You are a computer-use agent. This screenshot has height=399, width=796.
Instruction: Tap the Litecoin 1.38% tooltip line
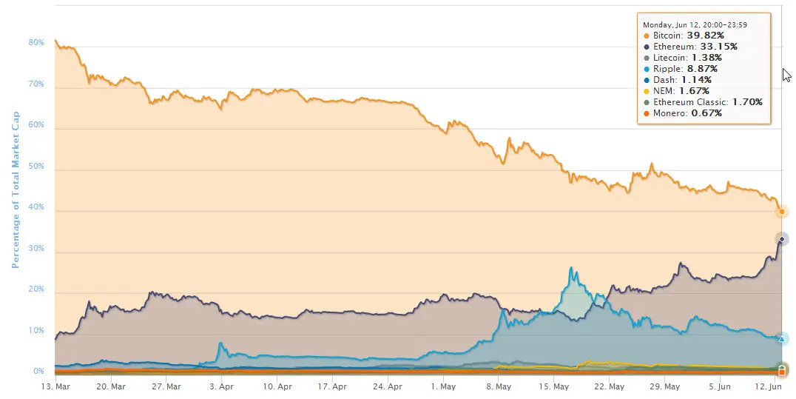(x=684, y=57)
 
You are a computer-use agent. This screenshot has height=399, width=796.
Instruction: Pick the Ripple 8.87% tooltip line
(x=681, y=68)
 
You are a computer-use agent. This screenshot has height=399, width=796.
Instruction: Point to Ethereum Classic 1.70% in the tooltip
(x=703, y=101)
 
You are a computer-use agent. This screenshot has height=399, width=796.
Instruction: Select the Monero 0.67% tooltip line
(x=682, y=113)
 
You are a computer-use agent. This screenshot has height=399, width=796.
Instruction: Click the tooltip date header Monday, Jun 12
(x=695, y=24)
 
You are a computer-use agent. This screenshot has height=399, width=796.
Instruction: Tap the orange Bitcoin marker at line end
(x=782, y=212)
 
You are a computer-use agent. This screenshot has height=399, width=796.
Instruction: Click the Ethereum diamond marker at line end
(x=782, y=239)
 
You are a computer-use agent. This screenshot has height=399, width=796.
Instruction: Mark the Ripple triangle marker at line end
(x=782, y=338)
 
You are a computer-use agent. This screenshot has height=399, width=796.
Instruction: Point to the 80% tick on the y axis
(x=36, y=43)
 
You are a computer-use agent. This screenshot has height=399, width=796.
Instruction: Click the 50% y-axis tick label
(x=36, y=167)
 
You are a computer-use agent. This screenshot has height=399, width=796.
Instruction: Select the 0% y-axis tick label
(x=38, y=371)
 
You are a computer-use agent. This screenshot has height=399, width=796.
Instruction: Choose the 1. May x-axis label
(x=443, y=386)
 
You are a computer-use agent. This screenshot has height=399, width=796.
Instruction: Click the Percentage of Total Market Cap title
(x=15, y=191)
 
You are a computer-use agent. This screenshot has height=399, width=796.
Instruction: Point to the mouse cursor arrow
(x=787, y=75)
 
